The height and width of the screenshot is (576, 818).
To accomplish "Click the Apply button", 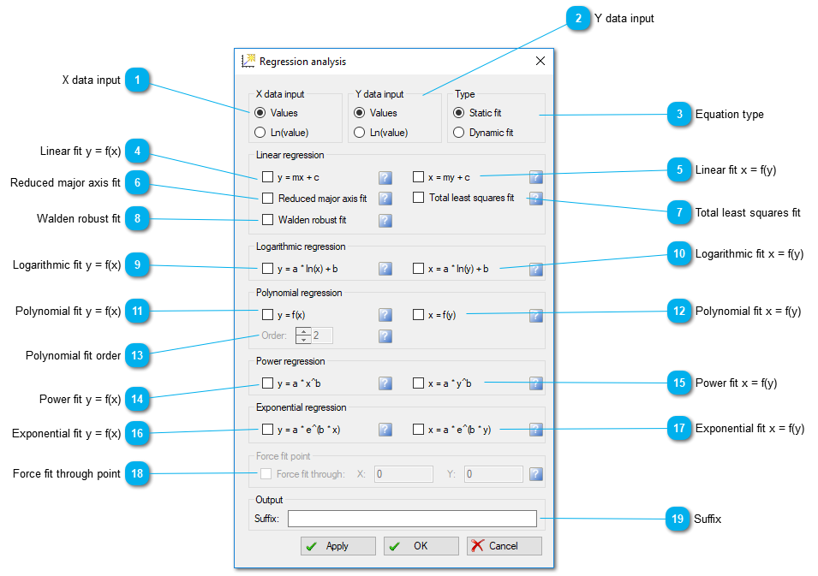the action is click(x=338, y=546).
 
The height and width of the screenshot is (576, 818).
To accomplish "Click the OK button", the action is click(x=421, y=546).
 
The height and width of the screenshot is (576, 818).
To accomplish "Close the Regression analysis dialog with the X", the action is click(x=540, y=61).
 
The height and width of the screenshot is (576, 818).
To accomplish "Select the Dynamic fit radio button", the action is click(x=458, y=133).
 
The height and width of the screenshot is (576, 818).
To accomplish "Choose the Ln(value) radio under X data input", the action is click(x=260, y=133).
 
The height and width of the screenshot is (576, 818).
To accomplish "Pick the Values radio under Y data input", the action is click(x=359, y=113).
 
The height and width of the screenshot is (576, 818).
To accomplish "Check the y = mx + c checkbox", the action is click(x=267, y=177).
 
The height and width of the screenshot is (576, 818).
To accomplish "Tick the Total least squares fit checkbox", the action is click(x=418, y=198).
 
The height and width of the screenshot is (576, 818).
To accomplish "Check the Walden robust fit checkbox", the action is click(x=267, y=219).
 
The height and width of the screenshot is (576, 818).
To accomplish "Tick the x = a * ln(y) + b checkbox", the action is click(x=418, y=269).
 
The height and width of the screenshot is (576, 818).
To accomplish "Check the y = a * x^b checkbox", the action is click(x=267, y=383).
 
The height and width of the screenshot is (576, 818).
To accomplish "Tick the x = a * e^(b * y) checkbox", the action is click(x=418, y=429).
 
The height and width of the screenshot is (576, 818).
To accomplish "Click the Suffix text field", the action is click(x=412, y=519).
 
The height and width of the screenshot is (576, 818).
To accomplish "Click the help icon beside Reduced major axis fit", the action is click(x=385, y=199).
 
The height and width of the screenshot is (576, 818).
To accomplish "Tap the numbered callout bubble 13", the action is click(x=137, y=355).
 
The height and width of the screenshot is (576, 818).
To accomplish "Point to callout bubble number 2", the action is click(x=578, y=18).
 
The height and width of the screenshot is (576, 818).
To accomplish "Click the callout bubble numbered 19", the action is click(x=678, y=519).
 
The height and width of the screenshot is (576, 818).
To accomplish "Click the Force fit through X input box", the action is click(x=403, y=474).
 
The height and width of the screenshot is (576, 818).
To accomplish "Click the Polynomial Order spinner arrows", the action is click(x=303, y=336).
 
